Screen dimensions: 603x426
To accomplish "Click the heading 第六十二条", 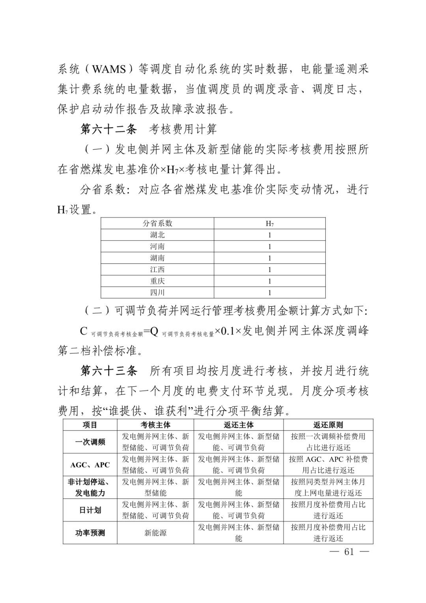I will click(x=108, y=129).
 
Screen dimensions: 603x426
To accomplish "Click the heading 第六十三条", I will click(x=108, y=371).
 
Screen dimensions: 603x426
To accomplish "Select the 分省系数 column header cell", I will click(x=157, y=224).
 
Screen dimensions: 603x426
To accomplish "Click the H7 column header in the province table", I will click(x=270, y=224).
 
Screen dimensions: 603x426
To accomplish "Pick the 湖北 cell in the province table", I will click(x=157, y=235).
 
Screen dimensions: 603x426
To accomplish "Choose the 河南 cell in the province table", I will click(x=157, y=246).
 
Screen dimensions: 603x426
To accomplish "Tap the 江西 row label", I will click(x=157, y=270).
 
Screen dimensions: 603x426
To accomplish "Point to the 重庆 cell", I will click(x=157, y=281).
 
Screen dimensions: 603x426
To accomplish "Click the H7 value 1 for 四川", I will click(x=270, y=293).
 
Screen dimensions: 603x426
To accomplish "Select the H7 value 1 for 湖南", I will click(x=270, y=258).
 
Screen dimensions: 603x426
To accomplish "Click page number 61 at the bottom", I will click(x=349, y=552).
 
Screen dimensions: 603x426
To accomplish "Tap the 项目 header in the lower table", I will click(x=90, y=425).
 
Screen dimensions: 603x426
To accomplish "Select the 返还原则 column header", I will click(x=328, y=425).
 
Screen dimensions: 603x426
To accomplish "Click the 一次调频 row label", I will click(x=90, y=442).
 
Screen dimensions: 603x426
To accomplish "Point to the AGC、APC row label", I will click(x=90, y=465).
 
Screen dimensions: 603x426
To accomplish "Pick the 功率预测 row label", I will click(x=90, y=533).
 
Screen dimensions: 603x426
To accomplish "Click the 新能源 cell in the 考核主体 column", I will click(x=155, y=533).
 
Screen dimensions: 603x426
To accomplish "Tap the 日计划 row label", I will click(x=90, y=510).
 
